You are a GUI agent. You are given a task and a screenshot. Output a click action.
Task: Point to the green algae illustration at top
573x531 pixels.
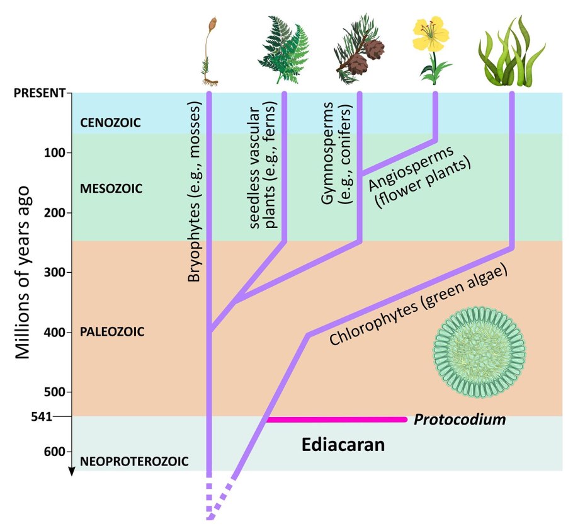tap(510, 50)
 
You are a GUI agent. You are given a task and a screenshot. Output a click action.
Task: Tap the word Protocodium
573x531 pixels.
tap(460, 420)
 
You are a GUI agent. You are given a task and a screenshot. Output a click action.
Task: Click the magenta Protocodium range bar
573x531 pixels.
tap(336, 420)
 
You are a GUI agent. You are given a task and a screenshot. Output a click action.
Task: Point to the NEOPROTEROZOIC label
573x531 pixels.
tap(134, 462)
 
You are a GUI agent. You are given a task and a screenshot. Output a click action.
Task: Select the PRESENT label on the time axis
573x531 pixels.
tap(38, 93)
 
